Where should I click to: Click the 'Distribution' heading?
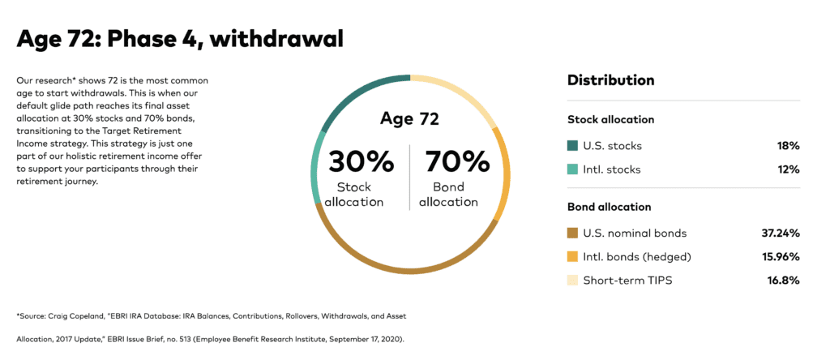(x=610, y=80)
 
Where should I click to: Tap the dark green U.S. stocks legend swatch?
(x=573, y=146)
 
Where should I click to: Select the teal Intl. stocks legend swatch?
(x=573, y=169)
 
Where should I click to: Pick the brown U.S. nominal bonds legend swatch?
(x=573, y=234)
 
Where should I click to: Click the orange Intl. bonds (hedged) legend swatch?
(x=573, y=257)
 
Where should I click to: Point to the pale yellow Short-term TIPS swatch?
(x=573, y=281)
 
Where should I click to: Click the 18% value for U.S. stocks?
(x=789, y=146)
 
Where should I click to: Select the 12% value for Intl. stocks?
(x=789, y=169)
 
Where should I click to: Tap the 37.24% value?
(x=779, y=234)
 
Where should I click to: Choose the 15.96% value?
(x=779, y=257)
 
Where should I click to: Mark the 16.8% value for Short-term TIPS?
(x=783, y=281)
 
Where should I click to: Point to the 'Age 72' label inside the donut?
(x=409, y=120)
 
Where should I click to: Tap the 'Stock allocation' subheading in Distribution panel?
(x=610, y=120)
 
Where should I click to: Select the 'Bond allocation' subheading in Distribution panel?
(x=609, y=208)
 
